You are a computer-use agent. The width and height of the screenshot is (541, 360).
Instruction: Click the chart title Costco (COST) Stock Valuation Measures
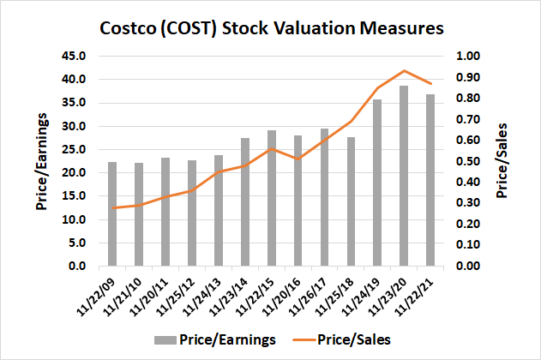point(270,27)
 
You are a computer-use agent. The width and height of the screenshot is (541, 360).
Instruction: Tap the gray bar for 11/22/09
point(111,214)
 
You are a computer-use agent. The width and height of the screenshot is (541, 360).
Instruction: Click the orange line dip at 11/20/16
point(298,159)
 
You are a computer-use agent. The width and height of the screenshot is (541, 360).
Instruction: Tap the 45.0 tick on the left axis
point(75,57)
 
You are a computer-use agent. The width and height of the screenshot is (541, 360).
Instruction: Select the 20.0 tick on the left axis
point(75,173)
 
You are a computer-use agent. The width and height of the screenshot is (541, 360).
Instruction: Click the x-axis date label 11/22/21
point(418,294)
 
